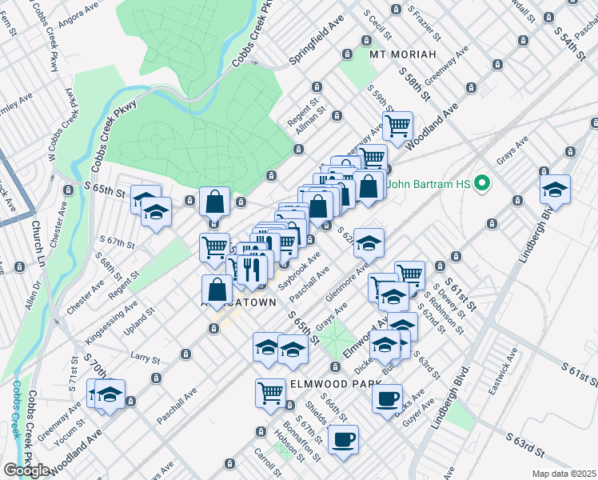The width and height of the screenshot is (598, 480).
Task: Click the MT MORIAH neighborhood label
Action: (x=403, y=54)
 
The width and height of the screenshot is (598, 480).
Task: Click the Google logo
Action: (x=26, y=470)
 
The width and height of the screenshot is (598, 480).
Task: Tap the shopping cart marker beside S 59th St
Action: (x=397, y=125)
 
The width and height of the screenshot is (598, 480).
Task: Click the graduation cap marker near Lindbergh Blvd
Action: (x=554, y=189)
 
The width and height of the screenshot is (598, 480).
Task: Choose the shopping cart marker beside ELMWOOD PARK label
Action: (x=271, y=391)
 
